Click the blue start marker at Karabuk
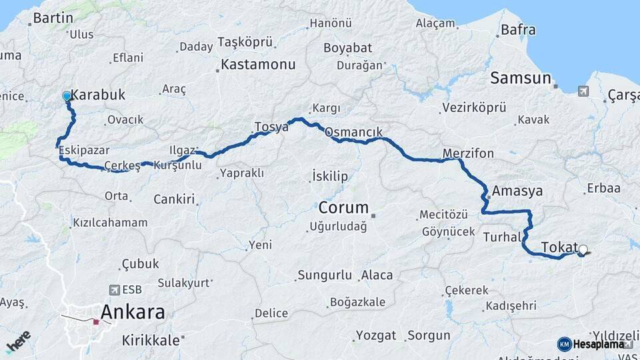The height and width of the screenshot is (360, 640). (x=67, y=97)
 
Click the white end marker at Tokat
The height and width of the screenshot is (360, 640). (x=583, y=250)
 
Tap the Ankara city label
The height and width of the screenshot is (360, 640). (x=133, y=312)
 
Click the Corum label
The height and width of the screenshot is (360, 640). (x=343, y=207)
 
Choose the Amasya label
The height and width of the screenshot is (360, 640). (x=517, y=191)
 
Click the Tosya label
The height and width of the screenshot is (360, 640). (x=271, y=126)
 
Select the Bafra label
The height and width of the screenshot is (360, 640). (x=518, y=29)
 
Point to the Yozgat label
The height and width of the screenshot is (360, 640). (x=376, y=335)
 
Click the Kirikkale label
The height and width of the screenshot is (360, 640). (x=151, y=340)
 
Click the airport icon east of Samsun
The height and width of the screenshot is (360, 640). (x=583, y=91)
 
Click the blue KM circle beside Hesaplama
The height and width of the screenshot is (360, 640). (x=564, y=344)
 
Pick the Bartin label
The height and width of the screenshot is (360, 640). (x=53, y=18)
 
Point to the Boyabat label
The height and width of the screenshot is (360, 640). (x=348, y=48)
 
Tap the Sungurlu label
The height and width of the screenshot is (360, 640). (x=325, y=275)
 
